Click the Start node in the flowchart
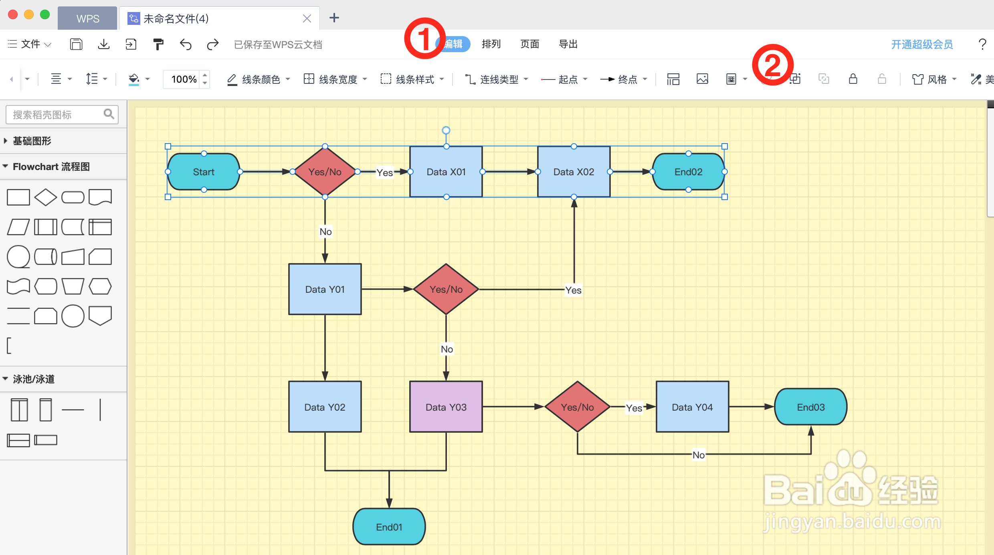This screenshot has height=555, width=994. pos(204,172)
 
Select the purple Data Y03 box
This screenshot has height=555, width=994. pos(446,407)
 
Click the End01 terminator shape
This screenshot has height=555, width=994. pos(389,527)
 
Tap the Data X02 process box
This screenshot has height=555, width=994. pos(574,172)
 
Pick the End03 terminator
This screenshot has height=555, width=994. pos(810,407)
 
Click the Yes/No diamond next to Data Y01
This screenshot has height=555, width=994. pos(446,289)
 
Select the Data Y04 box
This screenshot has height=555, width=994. pos(692,407)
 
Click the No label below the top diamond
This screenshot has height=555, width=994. pos(325,231)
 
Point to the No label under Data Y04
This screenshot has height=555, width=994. pos(698,455)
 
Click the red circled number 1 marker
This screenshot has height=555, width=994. pos(424,38)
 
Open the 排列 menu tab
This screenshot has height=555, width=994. pos(491,44)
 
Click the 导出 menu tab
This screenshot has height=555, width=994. pos(568,44)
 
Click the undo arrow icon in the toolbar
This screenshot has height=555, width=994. pos(186,44)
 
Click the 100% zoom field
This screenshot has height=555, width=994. pos(184,79)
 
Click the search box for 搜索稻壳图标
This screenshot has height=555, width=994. pos(56,115)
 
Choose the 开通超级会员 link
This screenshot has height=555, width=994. pos(922,44)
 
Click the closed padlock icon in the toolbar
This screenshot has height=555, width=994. pos(853,79)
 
